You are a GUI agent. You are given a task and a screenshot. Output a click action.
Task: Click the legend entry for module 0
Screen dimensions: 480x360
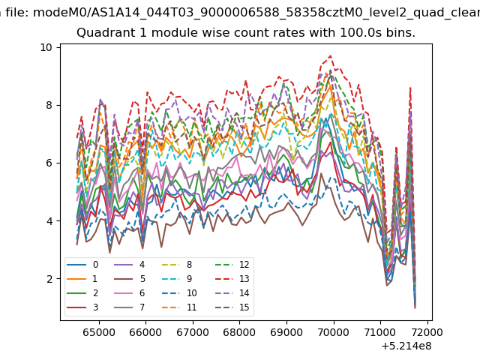[82, 265]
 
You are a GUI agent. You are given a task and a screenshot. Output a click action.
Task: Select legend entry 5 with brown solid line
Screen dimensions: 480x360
[129, 279]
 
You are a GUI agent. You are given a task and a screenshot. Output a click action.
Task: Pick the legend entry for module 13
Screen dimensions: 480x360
[232, 279]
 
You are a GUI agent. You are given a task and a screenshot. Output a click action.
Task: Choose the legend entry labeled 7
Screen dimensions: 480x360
[129, 307]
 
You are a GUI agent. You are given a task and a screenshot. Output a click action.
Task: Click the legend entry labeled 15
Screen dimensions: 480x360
[232, 307]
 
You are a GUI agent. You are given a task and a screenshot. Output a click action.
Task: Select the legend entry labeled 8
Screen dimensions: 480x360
[176, 265]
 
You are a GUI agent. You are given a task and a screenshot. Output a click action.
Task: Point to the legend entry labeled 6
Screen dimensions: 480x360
[129, 293]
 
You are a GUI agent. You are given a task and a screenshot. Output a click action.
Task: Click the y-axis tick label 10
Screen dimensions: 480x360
[46, 47]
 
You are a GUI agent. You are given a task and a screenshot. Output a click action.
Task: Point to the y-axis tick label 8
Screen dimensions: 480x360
[49, 105]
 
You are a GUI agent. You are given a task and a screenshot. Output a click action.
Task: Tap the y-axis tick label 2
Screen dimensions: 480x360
[49, 279]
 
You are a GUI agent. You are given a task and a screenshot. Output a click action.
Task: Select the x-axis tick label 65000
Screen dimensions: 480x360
[99, 332]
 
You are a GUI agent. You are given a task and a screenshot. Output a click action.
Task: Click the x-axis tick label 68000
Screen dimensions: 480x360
[239, 332]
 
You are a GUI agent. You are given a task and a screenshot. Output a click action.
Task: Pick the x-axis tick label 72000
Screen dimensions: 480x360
[427, 332]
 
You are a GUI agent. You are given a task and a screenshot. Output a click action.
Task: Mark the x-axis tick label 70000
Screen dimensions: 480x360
[333, 332]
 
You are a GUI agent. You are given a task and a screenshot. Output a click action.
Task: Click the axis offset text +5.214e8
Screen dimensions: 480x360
[406, 346]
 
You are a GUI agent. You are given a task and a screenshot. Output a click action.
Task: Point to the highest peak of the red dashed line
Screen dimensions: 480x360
[331, 55]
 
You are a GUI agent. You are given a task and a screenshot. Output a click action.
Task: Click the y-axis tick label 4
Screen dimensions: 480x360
[49, 221]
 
